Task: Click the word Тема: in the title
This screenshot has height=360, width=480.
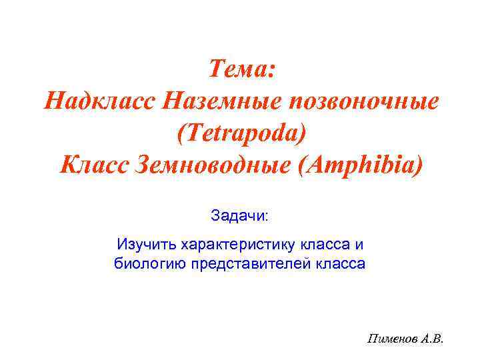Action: [x=241, y=69]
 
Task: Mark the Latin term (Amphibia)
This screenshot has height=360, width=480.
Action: [x=355, y=165]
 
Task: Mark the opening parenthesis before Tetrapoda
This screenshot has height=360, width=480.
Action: [x=181, y=133]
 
